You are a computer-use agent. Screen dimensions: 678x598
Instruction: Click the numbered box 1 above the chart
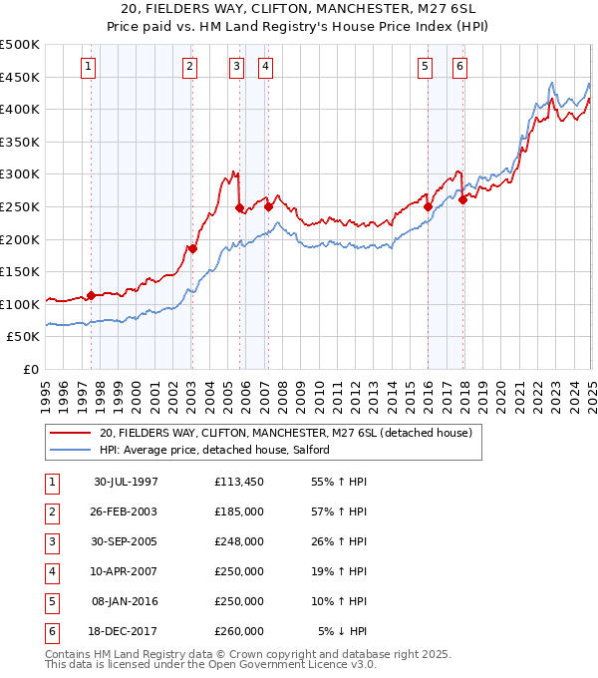[x=89, y=67]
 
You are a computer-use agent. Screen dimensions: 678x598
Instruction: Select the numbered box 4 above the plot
[x=267, y=67]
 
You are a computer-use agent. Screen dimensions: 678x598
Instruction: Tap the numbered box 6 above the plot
[x=459, y=67]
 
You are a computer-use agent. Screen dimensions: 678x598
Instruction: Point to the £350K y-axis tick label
[x=20, y=143]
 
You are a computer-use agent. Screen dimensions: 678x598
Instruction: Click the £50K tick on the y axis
[x=24, y=338]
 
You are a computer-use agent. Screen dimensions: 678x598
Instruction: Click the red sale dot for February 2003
[x=193, y=248]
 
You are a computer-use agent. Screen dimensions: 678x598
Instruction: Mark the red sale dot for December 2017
[x=463, y=199]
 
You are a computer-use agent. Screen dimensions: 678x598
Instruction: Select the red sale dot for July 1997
[x=92, y=295]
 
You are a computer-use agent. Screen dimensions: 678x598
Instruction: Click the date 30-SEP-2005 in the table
[x=126, y=541]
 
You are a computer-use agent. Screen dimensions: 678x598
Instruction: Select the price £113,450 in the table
[x=239, y=482]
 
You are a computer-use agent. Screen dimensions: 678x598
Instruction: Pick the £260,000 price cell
[x=239, y=631]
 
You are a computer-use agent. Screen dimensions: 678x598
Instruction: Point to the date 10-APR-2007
[x=126, y=571]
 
